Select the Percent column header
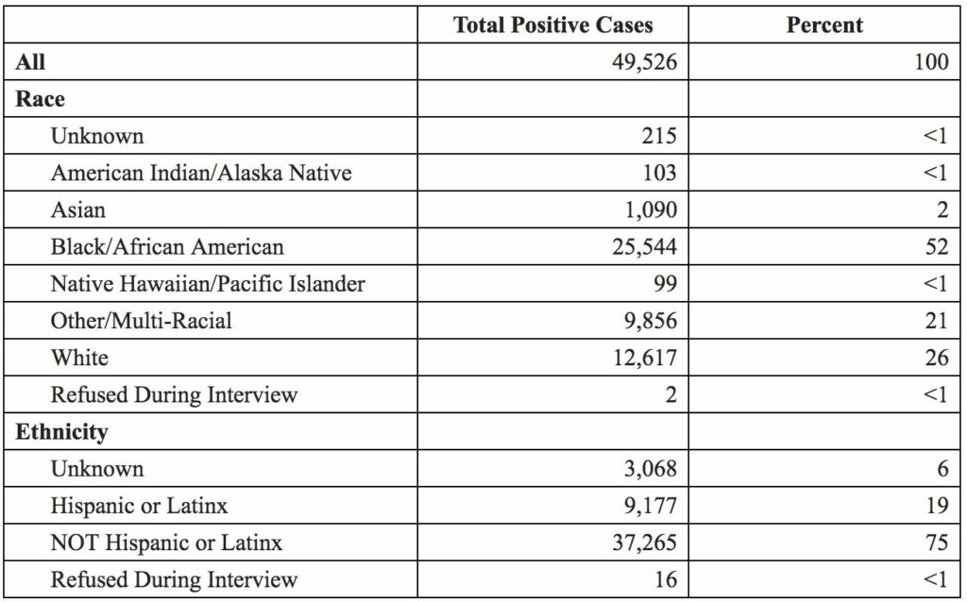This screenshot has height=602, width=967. (824, 25)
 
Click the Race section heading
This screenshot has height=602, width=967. (40, 99)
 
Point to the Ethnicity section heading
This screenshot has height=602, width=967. (61, 432)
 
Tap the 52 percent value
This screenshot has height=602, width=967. (936, 247)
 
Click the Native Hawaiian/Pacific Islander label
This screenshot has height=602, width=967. (208, 283)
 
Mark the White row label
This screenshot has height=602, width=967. (79, 357)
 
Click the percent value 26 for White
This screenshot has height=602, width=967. (936, 358)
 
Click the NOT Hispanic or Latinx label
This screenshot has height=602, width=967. (166, 543)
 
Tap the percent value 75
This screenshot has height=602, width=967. (936, 543)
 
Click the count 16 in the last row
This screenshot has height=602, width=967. (665, 579)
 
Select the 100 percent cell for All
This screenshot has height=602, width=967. (931, 62)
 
